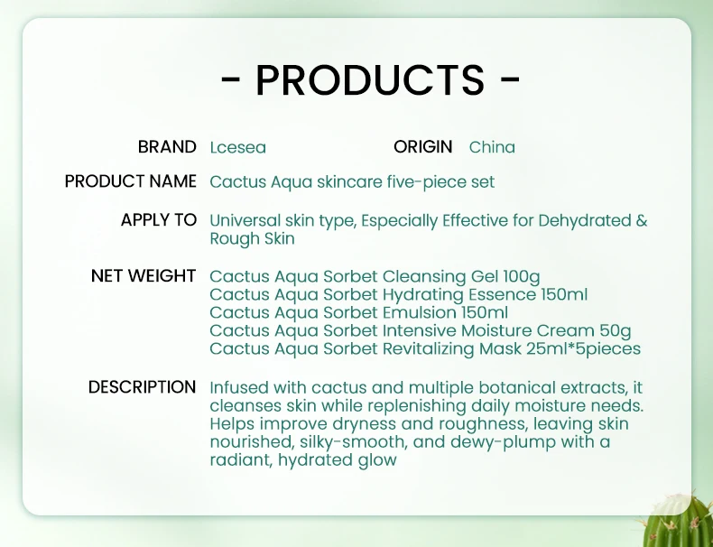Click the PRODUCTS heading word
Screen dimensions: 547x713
tap(370, 80)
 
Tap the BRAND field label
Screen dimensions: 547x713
tap(167, 146)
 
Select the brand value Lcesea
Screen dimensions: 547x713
tap(237, 147)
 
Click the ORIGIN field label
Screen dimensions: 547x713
tap(422, 146)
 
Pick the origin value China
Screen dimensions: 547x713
tap(492, 147)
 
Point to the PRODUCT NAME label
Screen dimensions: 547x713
tap(131, 181)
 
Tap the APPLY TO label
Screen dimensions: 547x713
tap(159, 220)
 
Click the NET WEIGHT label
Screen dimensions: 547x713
tap(144, 276)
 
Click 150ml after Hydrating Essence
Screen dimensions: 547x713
tap(564, 294)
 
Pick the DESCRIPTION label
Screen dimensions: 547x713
tap(142, 387)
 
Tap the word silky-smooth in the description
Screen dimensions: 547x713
tap(334, 442)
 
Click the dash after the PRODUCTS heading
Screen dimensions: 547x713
tap(510, 80)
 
